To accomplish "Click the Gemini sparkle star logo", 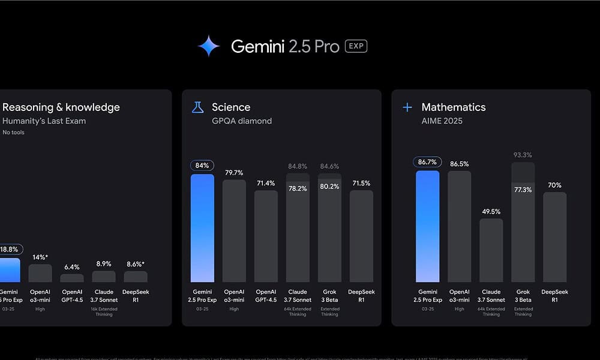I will [209, 46].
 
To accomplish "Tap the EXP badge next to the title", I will [356, 46].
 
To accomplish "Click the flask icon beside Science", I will [197, 107].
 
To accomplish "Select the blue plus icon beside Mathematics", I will [407, 107].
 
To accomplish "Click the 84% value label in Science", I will [202, 165].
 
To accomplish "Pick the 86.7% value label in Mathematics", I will [427, 162].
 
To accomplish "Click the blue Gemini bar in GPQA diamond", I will [202, 228].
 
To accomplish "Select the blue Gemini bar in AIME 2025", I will [427, 226].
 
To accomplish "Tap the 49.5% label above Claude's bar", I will [491, 211].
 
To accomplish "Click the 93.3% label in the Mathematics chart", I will [523, 155].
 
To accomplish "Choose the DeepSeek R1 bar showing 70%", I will [554, 237].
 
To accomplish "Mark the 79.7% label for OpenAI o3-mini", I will [234, 173].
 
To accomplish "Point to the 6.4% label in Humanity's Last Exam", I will [72, 267].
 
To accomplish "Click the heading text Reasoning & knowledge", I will [61, 107].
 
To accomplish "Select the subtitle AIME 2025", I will [442, 121].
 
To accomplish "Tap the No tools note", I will [13, 132].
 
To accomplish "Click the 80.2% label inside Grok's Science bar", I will [329, 187].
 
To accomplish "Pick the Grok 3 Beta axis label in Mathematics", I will [523, 296].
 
